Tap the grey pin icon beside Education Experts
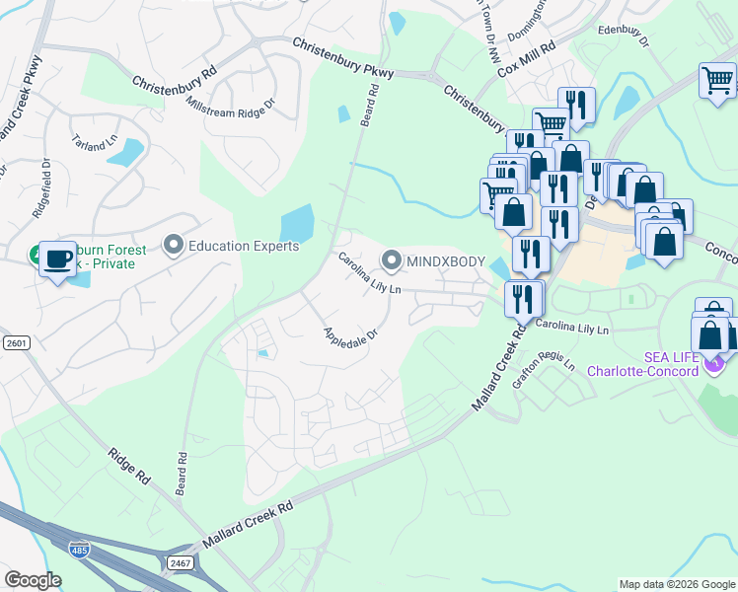(x=175, y=244)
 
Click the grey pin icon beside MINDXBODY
(x=392, y=261)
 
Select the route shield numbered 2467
(x=181, y=561)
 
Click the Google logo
(x=33, y=579)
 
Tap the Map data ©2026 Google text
(x=676, y=584)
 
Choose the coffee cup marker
(x=58, y=259)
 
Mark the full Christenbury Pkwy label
(x=343, y=58)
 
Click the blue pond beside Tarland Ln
(x=125, y=152)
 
